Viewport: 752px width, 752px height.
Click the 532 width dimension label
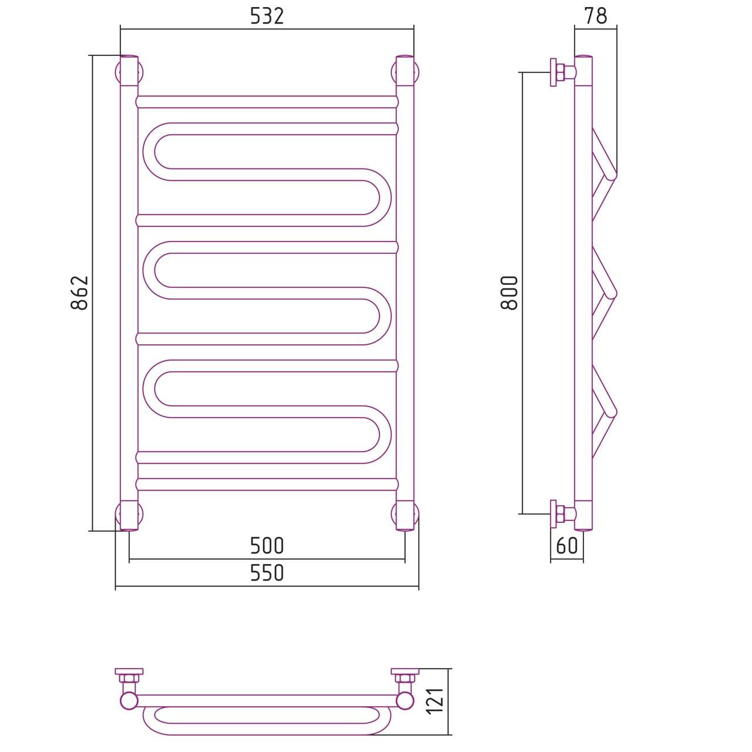coord(267,17)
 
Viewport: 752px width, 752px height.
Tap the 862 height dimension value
coord(80,293)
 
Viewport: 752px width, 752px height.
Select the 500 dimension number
coord(267,546)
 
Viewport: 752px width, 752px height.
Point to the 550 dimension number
coord(267,573)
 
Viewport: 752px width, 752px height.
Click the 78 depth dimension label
coord(596,16)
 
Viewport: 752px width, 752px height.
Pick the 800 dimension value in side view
coord(509,293)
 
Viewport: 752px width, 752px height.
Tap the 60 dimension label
coord(566,546)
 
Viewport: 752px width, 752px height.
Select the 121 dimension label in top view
coord(435,701)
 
